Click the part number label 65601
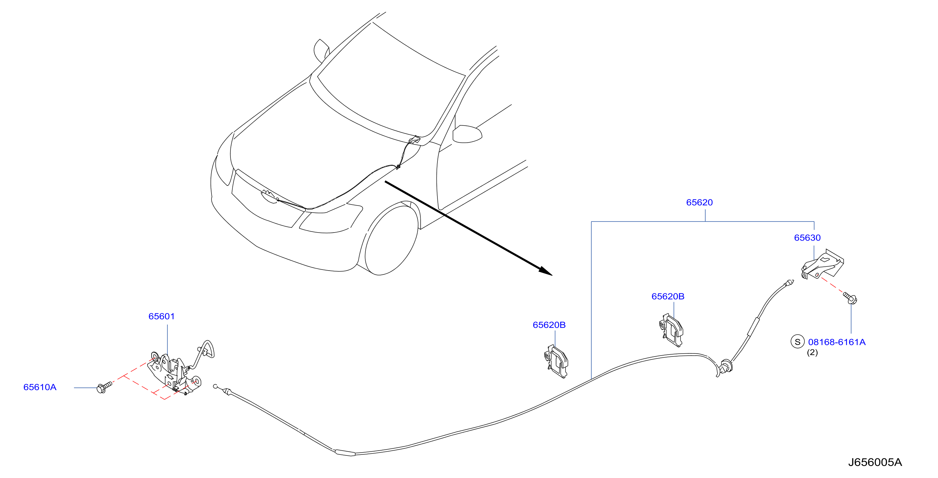tap(161, 316)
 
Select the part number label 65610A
tap(40, 387)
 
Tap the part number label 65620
tap(699, 202)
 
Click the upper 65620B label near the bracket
tap(668, 296)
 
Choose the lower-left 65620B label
tap(549, 325)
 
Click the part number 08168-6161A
tap(837, 342)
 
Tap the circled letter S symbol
tap(797, 342)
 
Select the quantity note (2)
tap(812, 352)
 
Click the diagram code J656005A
tap(875, 462)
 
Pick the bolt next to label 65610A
tap(104, 387)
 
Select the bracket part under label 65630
tap(822, 264)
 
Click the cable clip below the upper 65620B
tap(671, 330)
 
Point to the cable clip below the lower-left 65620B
tap(556, 362)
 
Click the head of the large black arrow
tap(546, 272)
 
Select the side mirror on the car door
tap(467, 134)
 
